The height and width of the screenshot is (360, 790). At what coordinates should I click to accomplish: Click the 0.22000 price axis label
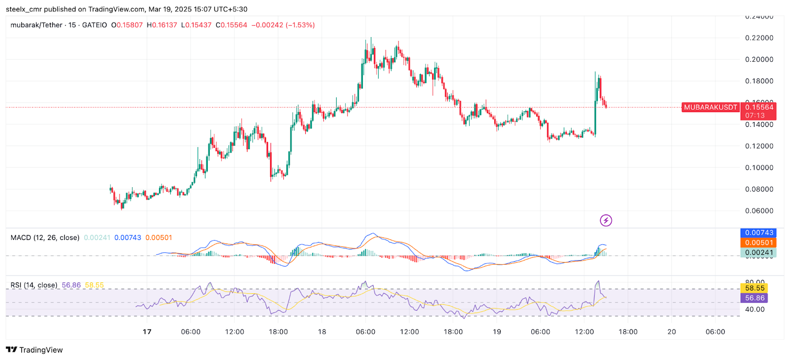[759, 38]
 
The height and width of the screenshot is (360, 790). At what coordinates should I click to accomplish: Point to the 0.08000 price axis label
[759, 189]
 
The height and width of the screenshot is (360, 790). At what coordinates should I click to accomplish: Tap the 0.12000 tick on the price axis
[759, 146]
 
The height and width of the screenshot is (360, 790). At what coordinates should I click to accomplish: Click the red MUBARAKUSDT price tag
[710, 107]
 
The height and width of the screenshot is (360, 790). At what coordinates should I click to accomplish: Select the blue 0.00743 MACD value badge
[758, 233]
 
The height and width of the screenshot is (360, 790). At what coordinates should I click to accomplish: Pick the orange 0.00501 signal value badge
[758, 242]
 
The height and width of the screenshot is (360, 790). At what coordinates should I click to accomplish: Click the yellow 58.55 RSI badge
[754, 288]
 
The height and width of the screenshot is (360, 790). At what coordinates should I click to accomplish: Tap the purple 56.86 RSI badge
[754, 298]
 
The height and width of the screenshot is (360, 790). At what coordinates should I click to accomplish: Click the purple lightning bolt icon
[606, 220]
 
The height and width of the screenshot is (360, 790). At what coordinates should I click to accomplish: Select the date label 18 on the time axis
[322, 332]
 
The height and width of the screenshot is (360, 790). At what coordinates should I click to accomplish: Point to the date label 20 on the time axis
[671, 332]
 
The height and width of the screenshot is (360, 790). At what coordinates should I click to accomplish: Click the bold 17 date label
[147, 332]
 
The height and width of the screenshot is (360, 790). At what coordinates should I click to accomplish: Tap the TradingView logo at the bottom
[35, 350]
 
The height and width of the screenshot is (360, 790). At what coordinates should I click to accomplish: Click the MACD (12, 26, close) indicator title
[45, 238]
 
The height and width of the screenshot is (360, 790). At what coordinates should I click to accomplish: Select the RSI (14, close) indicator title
[34, 285]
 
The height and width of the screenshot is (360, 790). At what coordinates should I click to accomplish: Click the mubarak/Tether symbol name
[37, 25]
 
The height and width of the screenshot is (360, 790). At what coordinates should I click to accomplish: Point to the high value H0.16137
[162, 25]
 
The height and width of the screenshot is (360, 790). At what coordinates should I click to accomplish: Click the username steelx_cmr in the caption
[24, 9]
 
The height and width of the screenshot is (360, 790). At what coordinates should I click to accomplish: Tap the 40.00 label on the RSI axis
[754, 310]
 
